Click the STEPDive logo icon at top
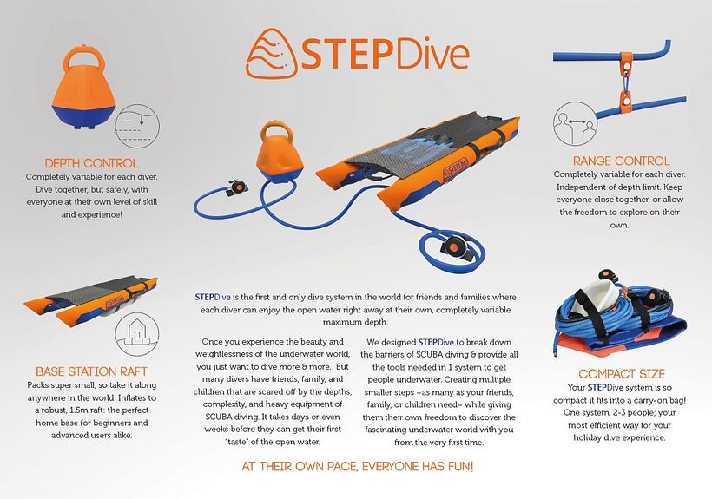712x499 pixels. [271, 54]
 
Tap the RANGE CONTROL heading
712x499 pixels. [621, 161]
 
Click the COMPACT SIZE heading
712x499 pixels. [622, 373]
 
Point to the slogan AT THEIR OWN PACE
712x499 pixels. [357, 468]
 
